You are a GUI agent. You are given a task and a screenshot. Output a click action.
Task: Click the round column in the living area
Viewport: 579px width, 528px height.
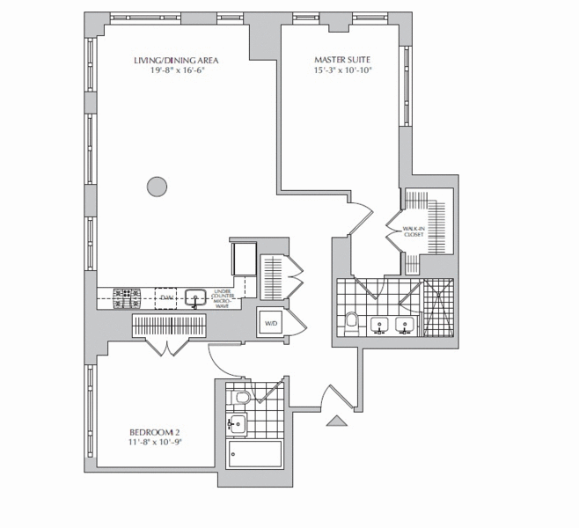156,186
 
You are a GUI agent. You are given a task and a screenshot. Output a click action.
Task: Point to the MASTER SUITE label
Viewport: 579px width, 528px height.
342,60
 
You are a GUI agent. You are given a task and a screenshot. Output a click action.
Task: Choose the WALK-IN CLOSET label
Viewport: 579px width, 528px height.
414,232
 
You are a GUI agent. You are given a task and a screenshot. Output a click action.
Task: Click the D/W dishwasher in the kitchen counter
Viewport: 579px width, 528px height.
165,298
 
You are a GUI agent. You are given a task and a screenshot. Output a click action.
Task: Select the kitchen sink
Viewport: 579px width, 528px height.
196,297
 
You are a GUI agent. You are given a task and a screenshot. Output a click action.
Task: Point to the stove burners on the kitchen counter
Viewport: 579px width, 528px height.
126,297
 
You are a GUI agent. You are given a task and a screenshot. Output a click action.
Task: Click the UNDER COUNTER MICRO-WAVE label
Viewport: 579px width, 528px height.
221,298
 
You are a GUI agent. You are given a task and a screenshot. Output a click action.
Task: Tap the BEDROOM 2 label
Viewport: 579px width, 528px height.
154,432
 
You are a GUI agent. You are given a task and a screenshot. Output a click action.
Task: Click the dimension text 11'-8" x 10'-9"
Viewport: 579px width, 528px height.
154,443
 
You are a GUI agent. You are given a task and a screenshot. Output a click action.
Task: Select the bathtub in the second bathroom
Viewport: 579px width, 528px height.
254,455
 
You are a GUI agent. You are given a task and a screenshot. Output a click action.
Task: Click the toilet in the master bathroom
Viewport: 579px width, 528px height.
352,320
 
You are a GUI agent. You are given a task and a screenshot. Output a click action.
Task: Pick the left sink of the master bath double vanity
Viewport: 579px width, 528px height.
380,326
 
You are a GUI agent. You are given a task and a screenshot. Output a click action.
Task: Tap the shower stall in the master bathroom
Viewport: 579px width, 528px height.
439,308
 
